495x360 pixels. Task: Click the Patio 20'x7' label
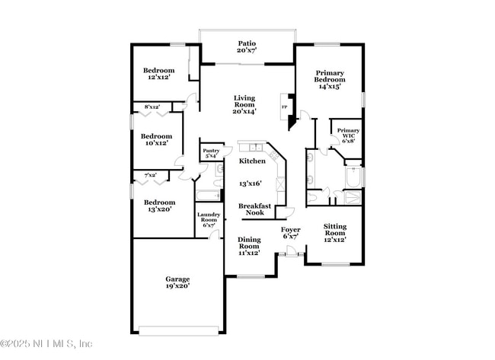246,47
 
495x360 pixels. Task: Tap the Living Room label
244,104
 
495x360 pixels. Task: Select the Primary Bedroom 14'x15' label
330,80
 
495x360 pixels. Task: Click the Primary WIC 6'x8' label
349,135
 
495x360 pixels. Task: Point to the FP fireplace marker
285,107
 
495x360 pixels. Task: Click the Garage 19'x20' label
178,282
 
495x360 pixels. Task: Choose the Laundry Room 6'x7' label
209,220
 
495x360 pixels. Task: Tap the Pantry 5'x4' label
211,154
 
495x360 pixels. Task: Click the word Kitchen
253,161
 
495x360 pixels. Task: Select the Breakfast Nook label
251,209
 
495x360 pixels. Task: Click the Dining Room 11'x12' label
249,246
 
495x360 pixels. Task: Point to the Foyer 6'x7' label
290,233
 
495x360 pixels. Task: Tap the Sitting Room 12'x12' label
335,233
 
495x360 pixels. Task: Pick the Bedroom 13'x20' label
159,205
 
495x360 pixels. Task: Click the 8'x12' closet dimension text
152,107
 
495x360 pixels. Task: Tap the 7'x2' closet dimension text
152,176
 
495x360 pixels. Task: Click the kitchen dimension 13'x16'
251,183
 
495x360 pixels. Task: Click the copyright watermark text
46,343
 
